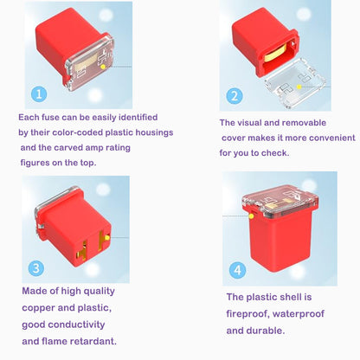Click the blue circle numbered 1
point(39,94)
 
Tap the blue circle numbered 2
point(235,96)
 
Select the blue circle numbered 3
point(35,268)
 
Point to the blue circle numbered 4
point(237,270)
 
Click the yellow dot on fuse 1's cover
point(103,67)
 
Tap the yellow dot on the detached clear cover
point(299,87)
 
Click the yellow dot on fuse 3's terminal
point(107,238)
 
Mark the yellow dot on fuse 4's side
point(251,216)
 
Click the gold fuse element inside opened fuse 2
point(275,54)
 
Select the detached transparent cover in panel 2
point(295,83)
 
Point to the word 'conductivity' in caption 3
point(76,325)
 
